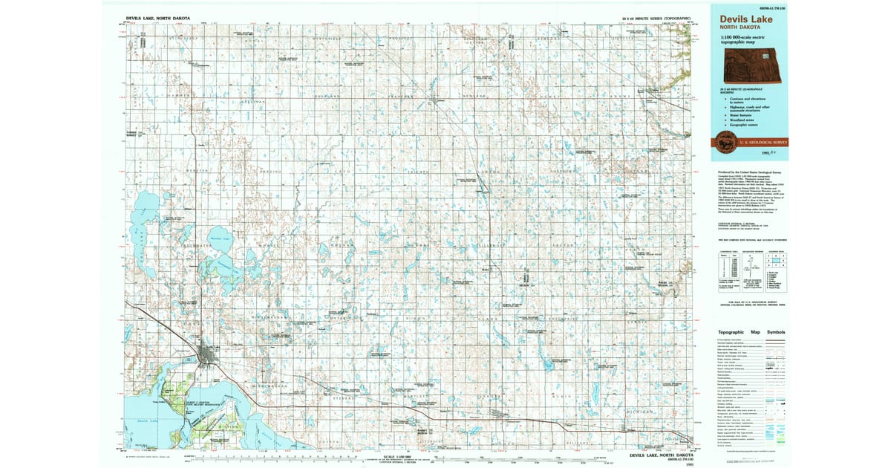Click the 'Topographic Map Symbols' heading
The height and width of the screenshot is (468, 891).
[751, 332]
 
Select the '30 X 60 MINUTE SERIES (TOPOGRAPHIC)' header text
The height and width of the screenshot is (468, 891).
[656, 17]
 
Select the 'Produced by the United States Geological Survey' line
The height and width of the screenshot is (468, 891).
[750, 171]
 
